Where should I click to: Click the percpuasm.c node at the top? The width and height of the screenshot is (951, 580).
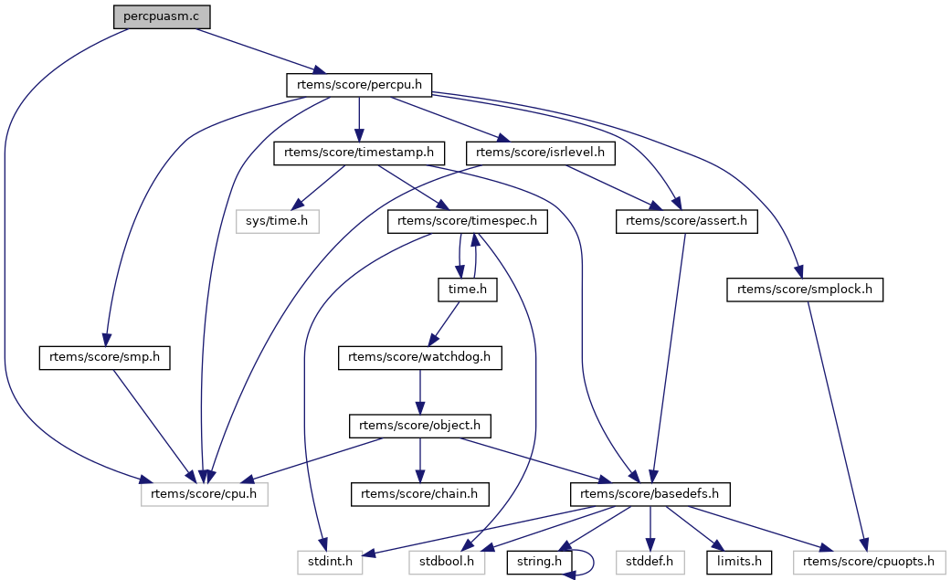tap(154, 16)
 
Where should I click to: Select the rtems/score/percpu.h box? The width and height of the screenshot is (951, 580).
tap(359, 85)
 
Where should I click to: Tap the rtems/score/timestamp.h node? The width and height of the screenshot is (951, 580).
tap(359, 153)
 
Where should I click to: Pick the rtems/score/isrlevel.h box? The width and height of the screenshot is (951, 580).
tap(540, 153)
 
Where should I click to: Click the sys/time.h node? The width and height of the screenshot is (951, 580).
tap(277, 221)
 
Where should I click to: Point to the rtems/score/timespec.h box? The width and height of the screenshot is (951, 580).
tap(468, 221)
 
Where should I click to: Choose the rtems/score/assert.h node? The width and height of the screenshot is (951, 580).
tap(686, 221)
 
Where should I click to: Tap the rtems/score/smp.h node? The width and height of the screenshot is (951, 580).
tap(106, 358)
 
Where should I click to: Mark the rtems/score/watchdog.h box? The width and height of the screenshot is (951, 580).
tap(421, 358)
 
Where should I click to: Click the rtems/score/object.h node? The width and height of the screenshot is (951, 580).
tap(421, 426)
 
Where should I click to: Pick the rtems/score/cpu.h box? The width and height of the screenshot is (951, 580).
tap(205, 494)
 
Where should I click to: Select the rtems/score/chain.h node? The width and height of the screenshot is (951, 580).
tap(421, 494)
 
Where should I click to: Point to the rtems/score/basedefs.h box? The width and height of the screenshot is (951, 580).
tap(650, 494)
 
